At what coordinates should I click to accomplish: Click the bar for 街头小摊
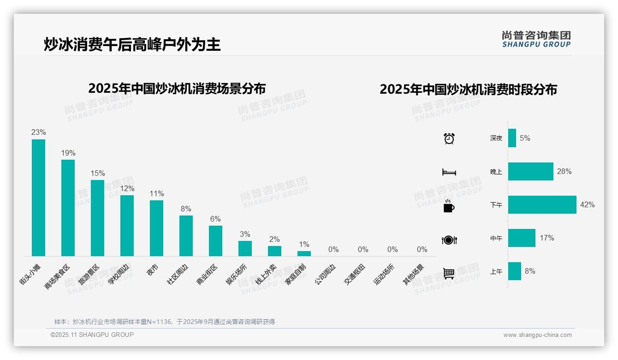tap(38, 198)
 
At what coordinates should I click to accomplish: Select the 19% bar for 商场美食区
tap(68, 208)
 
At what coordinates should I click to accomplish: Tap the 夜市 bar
tap(156, 228)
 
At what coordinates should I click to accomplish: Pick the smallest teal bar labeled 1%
tap(304, 253)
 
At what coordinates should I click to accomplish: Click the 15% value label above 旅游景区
tap(97, 174)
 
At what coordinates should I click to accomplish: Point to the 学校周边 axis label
tap(119, 274)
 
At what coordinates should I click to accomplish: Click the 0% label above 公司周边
tap(333, 250)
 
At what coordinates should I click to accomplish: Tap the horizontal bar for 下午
tap(542, 204)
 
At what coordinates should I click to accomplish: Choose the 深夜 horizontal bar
tap(512, 138)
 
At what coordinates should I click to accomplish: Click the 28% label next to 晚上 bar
tap(564, 172)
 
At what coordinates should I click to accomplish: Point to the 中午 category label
tap(496, 239)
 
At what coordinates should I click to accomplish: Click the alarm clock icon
tap(449, 138)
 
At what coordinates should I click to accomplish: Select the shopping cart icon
tap(449, 274)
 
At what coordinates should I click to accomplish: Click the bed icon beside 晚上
tap(449, 172)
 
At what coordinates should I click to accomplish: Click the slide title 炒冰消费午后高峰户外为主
tap(132, 45)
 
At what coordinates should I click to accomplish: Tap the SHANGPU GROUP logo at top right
tap(536, 39)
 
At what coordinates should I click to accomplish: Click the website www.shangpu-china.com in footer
tap(537, 335)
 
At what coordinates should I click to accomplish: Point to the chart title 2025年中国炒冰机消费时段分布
tap(468, 90)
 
